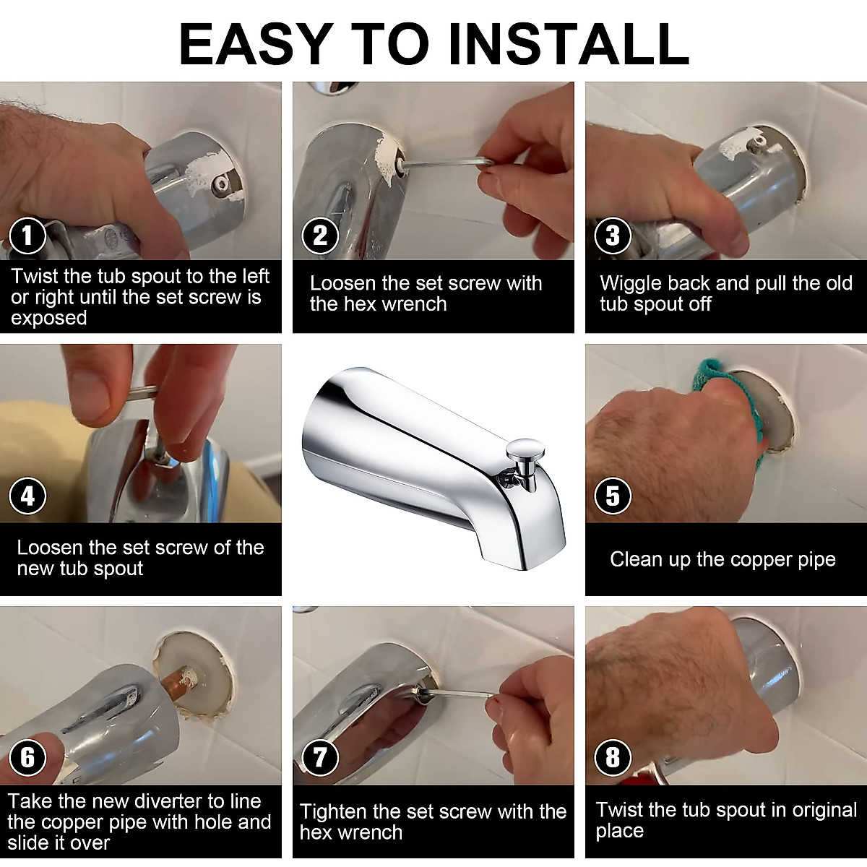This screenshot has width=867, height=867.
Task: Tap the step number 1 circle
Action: pos(27,236)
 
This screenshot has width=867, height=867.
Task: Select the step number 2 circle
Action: pos(320,236)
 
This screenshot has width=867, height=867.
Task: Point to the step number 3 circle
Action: pos(613,236)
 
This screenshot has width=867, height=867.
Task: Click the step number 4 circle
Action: pos(27,496)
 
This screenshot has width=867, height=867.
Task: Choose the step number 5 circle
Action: pos(613,496)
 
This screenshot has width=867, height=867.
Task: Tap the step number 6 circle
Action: pos(27,757)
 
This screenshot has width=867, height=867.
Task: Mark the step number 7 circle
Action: pos(320,757)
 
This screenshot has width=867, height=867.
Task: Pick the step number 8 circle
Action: pos(613,757)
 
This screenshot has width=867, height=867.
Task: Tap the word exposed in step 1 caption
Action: pos(48,319)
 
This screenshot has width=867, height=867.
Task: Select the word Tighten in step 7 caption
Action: pos(333,811)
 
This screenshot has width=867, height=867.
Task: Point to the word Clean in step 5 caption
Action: pos(636,559)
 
